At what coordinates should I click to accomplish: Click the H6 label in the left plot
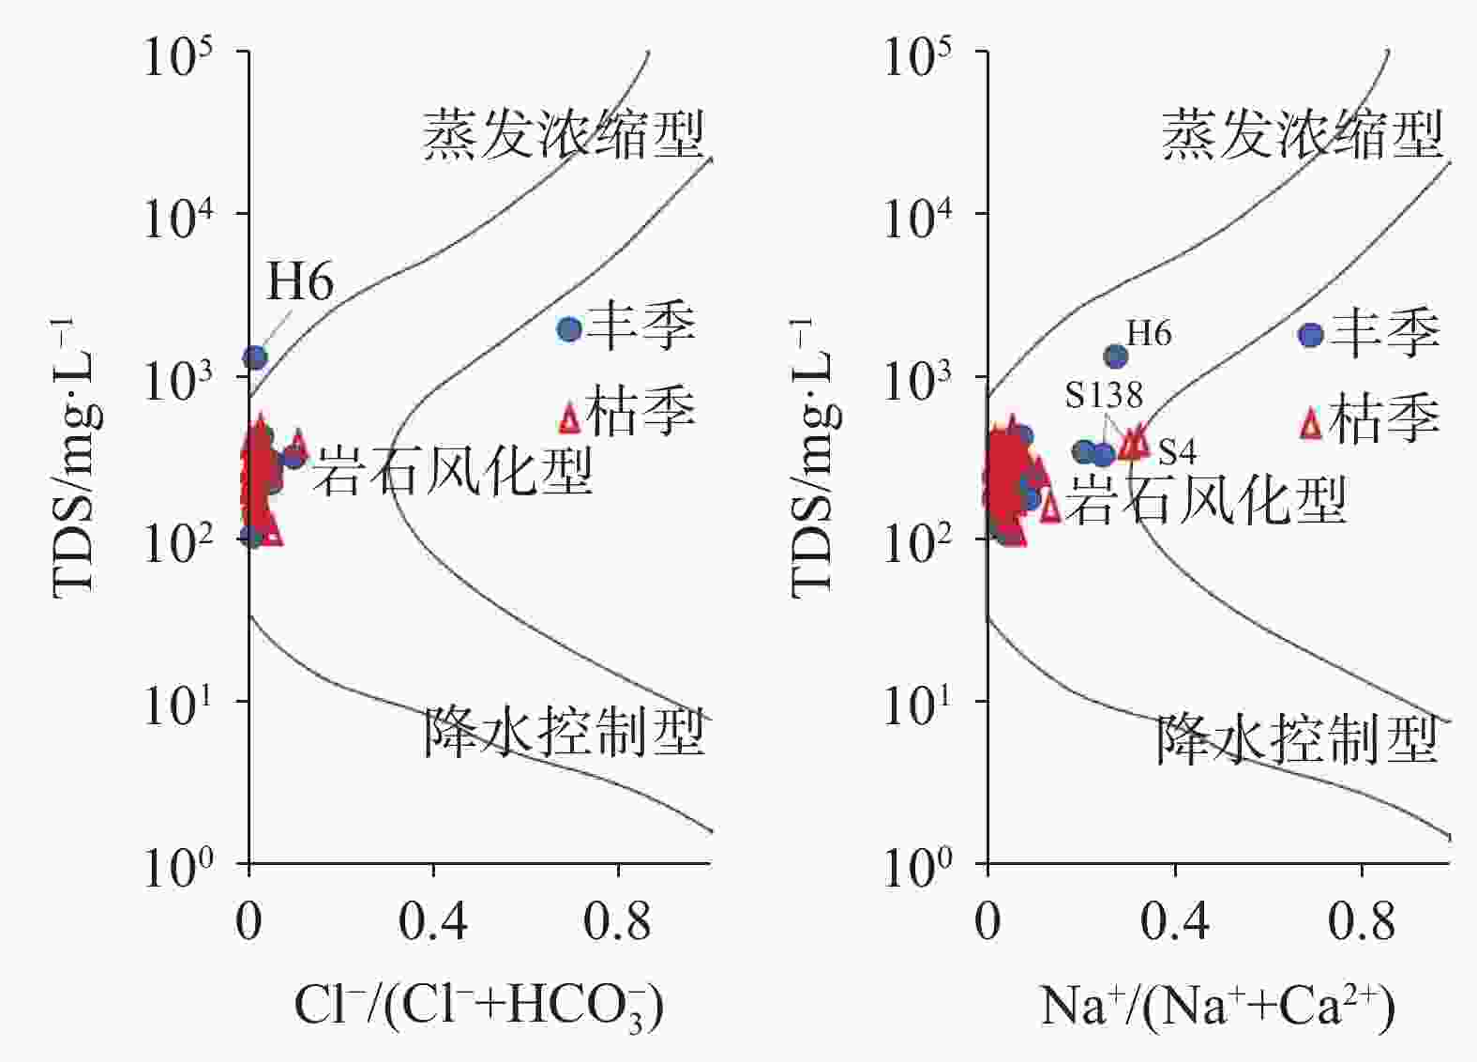click(300, 281)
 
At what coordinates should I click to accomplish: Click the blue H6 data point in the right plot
click(1116, 357)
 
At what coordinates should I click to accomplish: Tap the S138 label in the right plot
click(1104, 395)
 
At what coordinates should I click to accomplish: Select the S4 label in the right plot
click(1177, 452)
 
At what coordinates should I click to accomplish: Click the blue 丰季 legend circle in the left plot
click(569, 329)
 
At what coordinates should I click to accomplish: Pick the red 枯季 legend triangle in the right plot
click(1311, 424)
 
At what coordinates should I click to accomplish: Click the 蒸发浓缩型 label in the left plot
click(563, 135)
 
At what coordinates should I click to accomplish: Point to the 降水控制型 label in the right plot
click(1296, 740)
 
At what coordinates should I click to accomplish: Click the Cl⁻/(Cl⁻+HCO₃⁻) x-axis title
click(479, 1007)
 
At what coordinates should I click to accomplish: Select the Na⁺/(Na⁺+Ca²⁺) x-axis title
click(1217, 1007)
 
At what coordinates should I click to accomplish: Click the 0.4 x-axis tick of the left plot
click(432, 922)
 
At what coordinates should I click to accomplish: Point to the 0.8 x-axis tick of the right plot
click(1361, 922)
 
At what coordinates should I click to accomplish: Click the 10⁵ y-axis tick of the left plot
click(178, 58)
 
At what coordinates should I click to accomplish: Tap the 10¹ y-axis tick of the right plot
click(919, 705)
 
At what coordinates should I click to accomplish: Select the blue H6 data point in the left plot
click(255, 357)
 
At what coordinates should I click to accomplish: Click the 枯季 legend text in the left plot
click(640, 412)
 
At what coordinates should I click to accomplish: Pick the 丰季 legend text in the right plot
click(1385, 333)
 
